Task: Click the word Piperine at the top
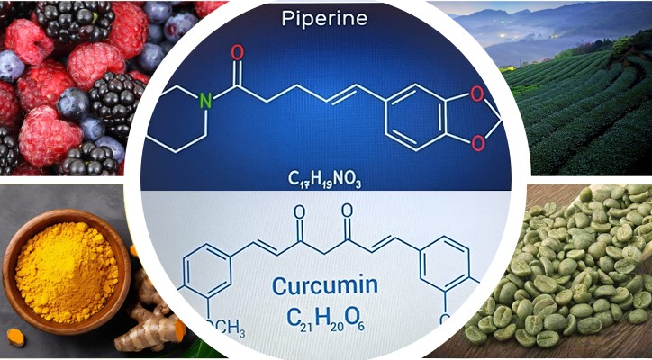click(x=324, y=18)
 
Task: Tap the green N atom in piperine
click(x=205, y=100)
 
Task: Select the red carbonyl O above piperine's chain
click(x=238, y=52)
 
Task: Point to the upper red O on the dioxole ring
click(x=477, y=94)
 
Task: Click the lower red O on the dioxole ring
click(x=478, y=143)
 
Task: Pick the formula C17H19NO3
click(x=325, y=179)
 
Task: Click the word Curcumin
click(x=325, y=285)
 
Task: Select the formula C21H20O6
click(x=326, y=319)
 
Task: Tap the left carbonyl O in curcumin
click(x=299, y=211)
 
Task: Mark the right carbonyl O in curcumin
click(x=348, y=211)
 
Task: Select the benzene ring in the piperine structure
click(x=414, y=117)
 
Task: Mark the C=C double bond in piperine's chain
click(x=341, y=94)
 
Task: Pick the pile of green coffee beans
click(x=570, y=270)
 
